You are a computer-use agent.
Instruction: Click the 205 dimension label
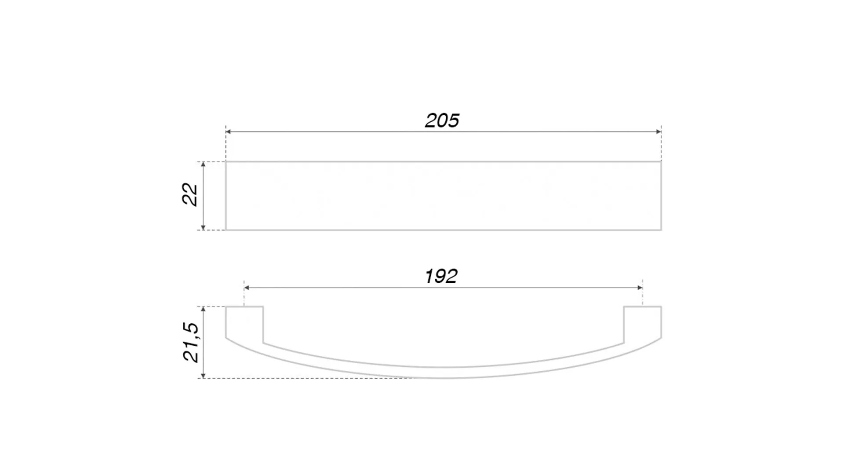point(442,121)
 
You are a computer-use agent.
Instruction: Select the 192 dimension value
point(441,276)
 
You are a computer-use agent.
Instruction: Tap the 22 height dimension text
point(190,194)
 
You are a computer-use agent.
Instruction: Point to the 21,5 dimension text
point(191,342)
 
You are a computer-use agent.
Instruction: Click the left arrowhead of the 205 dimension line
point(229,132)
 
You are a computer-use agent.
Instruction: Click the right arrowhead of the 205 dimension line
point(658,132)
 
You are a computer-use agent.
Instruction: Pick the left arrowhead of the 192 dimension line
point(247,288)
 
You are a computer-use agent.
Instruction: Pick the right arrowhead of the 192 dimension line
point(640,288)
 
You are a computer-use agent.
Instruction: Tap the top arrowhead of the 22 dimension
point(203,164)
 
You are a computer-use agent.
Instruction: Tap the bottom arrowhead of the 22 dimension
point(203,227)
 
